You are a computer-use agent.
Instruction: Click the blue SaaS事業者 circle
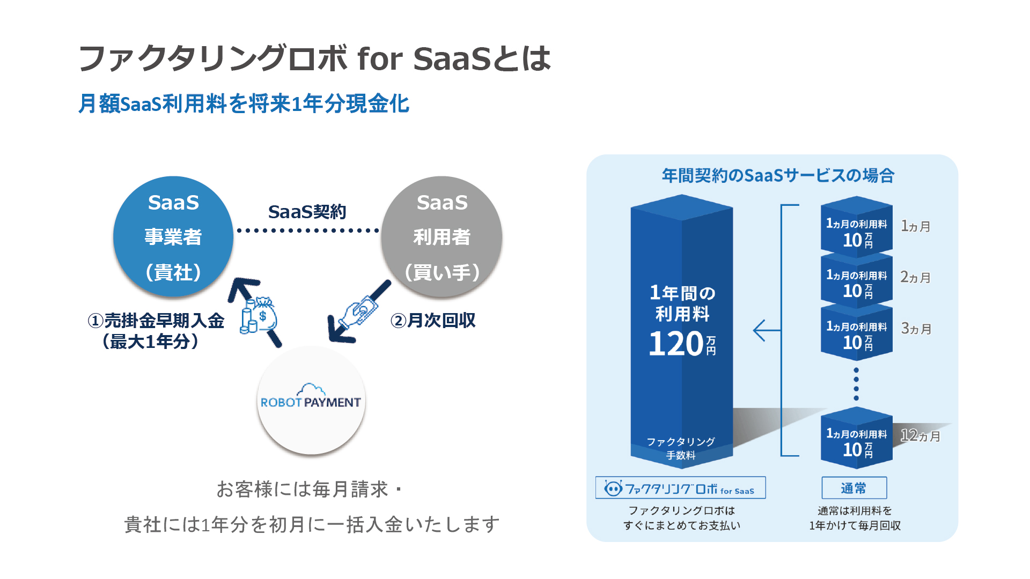(x=173, y=236)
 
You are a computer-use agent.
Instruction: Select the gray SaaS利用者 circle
(x=442, y=236)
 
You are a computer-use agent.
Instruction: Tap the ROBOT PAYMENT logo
(x=311, y=397)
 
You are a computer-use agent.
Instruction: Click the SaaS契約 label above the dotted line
(x=307, y=212)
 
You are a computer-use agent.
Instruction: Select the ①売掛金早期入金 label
(x=156, y=321)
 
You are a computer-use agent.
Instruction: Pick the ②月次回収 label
(x=433, y=321)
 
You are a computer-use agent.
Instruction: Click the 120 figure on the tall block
(x=676, y=344)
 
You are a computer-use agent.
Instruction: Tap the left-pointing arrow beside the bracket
(x=767, y=330)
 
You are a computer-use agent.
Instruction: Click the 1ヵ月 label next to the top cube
(x=915, y=226)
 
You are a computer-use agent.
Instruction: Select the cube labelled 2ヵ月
(x=857, y=279)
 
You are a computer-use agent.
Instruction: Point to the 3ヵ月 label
(x=916, y=329)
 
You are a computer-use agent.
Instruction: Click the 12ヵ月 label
(x=920, y=435)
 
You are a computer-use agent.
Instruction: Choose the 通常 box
(x=854, y=488)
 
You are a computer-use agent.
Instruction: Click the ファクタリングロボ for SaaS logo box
(x=680, y=488)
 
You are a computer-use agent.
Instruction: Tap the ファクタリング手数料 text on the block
(x=681, y=448)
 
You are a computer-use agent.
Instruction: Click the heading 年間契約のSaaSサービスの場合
(x=778, y=175)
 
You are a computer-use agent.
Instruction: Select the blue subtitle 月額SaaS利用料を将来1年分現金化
(x=244, y=103)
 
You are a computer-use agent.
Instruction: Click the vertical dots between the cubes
(x=856, y=384)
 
